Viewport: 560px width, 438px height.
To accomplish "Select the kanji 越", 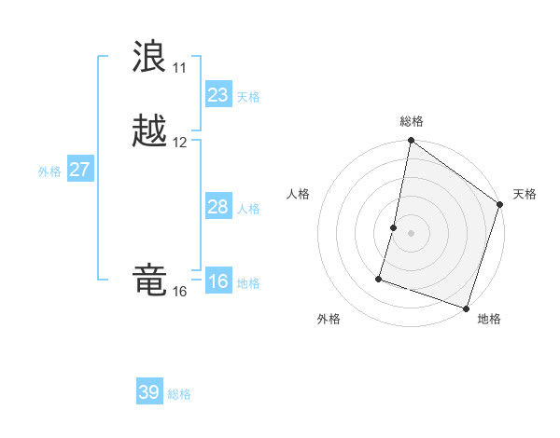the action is coord(149,130).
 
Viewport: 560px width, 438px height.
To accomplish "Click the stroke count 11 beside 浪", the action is coord(179,68).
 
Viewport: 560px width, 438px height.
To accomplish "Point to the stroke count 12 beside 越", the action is coord(179,143).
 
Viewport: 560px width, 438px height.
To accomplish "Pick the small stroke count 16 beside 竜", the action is coord(179,292).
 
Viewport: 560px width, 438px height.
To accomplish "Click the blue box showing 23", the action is coord(217,95).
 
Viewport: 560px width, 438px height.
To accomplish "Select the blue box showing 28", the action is coord(217,207).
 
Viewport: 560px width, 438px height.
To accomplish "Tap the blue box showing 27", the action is coord(80,170).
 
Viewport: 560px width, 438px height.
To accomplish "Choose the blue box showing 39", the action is coord(148,392).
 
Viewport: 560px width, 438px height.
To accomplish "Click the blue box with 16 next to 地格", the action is coord(217,281).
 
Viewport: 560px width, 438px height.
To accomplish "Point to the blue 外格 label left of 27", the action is coord(49,171).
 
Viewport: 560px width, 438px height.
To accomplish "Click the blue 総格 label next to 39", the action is coord(179,394).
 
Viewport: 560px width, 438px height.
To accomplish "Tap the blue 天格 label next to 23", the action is coord(248,97).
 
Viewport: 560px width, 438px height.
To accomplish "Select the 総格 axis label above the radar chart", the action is coord(412,121).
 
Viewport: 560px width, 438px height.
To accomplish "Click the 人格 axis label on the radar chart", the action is coord(299,194).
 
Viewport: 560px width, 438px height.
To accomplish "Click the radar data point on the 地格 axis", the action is coord(466,308).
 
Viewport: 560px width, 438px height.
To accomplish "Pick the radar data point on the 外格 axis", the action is coord(380,278).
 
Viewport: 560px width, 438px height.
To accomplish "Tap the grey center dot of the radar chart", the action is coord(412,233).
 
